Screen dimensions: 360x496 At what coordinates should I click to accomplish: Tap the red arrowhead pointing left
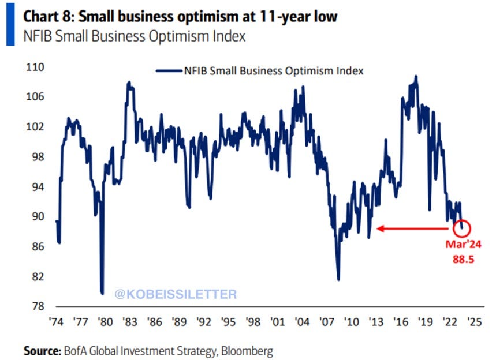pyautogui.click(x=380, y=229)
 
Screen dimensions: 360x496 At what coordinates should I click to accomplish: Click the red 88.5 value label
pyautogui.click(x=463, y=259)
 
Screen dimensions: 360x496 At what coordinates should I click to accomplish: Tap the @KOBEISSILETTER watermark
pyautogui.click(x=176, y=294)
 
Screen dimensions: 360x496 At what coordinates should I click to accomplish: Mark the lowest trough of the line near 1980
pyautogui.click(x=102, y=292)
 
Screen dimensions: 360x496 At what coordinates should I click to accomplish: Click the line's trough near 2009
pyautogui.click(x=338, y=279)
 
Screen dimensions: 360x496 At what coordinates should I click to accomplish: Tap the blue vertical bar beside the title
pyautogui.click(x=10, y=25)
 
